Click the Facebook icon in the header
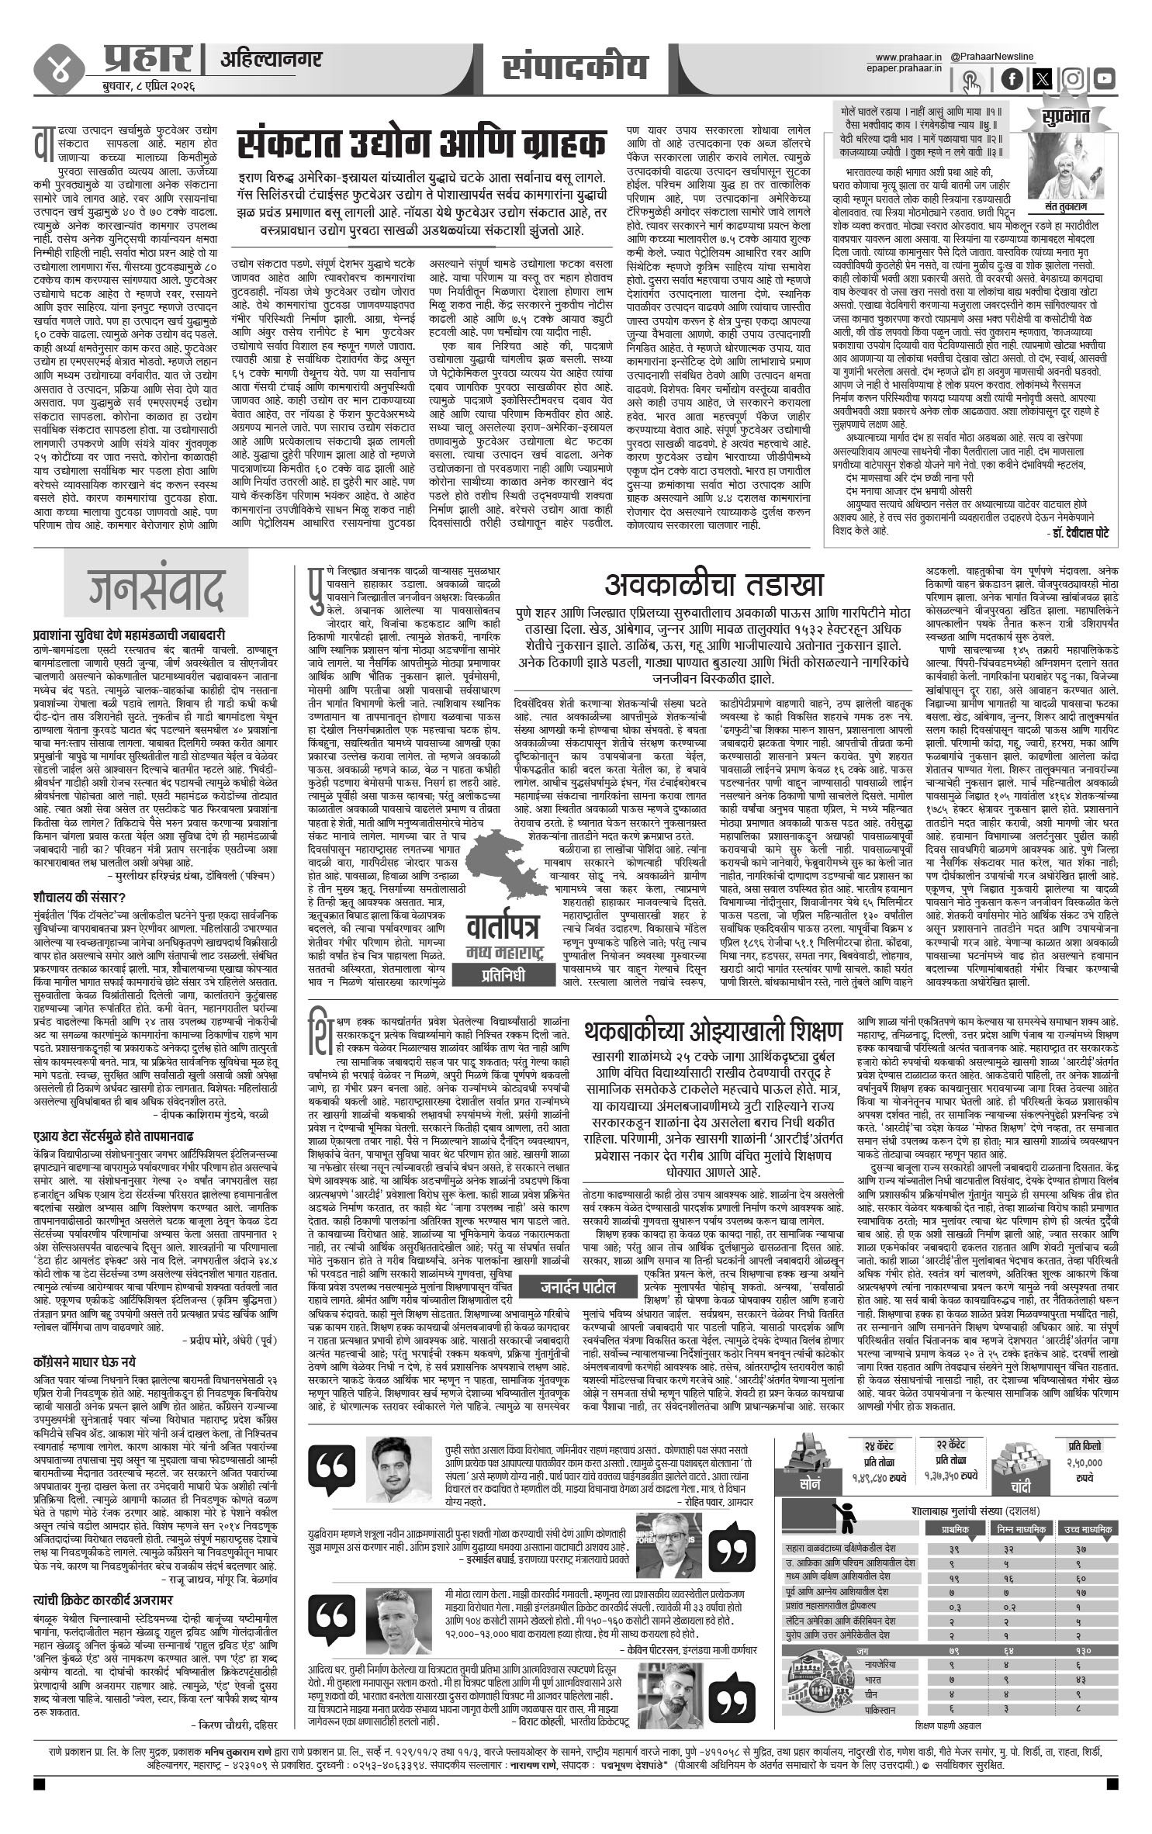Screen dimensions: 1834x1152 click(x=1012, y=79)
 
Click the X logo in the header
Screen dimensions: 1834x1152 click(x=1043, y=79)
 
